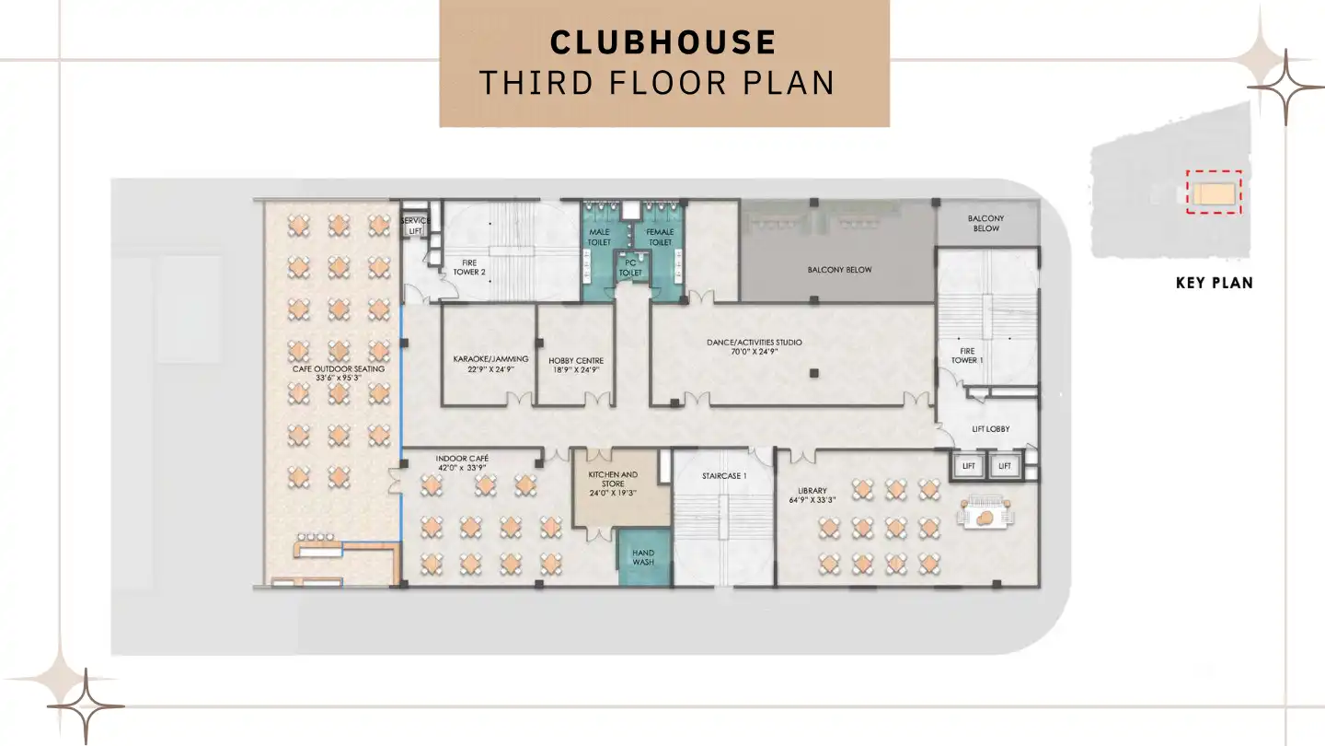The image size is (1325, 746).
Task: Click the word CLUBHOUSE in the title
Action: click(x=663, y=42)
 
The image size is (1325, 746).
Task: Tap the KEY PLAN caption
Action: click(x=1214, y=283)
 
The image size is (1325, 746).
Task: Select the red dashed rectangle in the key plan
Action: click(x=1214, y=192)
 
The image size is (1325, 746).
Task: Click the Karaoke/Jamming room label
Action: click(x=491, y=359)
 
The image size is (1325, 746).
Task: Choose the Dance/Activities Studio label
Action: click(x=754, y=343)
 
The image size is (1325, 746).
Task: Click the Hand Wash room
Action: click(x=643, y=557)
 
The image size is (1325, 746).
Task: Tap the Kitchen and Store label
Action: click(x=613, y=479)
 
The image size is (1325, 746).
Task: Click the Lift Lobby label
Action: click(x=991, y=429)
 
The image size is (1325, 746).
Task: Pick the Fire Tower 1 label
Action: click(x=967, y=355)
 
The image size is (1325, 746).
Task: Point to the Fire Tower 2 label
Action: click(x=468, y=267)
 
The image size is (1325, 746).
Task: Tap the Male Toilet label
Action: click(x=599, y=237)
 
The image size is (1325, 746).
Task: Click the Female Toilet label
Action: click(x=661, y=237)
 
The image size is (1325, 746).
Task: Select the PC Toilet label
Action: click(x=630, y=268)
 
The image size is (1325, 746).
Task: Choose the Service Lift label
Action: click(x=415, y=226)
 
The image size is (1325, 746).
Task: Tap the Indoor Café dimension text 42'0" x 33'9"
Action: click(x=463, y=468)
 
